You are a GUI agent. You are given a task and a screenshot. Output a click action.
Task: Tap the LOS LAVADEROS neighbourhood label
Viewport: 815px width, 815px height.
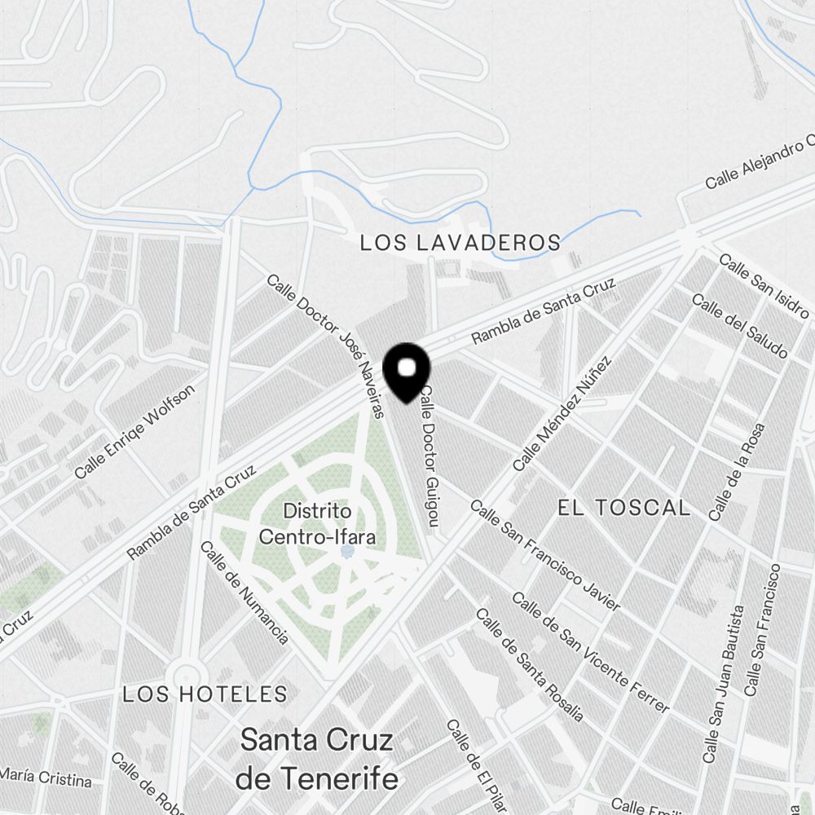pyautogui.click(x=460, y=243)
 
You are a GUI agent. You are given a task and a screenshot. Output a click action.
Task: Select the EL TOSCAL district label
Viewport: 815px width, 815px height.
pyautogui.click(x=623, y=508)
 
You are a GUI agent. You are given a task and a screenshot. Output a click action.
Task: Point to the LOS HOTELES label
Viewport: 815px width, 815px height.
pyautogui.click(x=205, y=694)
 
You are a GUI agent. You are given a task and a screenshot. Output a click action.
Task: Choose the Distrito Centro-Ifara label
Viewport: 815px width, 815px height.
pyautogui.click(x=317, y=524)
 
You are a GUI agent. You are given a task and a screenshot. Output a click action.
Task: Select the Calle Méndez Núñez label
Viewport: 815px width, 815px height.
pyautogui.click(x=562, y=413)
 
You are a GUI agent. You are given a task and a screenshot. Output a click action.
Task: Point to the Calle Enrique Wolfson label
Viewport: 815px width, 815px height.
pyautogui.click(x=135, y=432)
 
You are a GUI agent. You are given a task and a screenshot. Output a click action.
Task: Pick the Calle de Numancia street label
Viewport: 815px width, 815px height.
pyautogui.click(x=244, y=592)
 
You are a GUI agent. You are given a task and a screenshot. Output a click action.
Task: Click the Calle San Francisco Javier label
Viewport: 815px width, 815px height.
pyautogui.click(x=545, y=555)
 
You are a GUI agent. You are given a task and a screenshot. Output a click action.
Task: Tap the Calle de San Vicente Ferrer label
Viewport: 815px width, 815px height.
pyautogui.click(x=590, y=652)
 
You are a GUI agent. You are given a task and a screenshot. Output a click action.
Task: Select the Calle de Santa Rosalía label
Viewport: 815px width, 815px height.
pyautogui.click(x=529, y=664)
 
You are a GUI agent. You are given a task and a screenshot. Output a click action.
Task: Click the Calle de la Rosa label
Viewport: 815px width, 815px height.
pyautogui.click(x=738, y=473)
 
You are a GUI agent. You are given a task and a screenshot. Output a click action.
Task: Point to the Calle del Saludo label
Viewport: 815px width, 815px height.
pyautogui.click(x=740, y=325)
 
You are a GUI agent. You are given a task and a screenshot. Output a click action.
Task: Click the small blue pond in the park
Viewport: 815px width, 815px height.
pyautogui.click(x=347, y=552)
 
